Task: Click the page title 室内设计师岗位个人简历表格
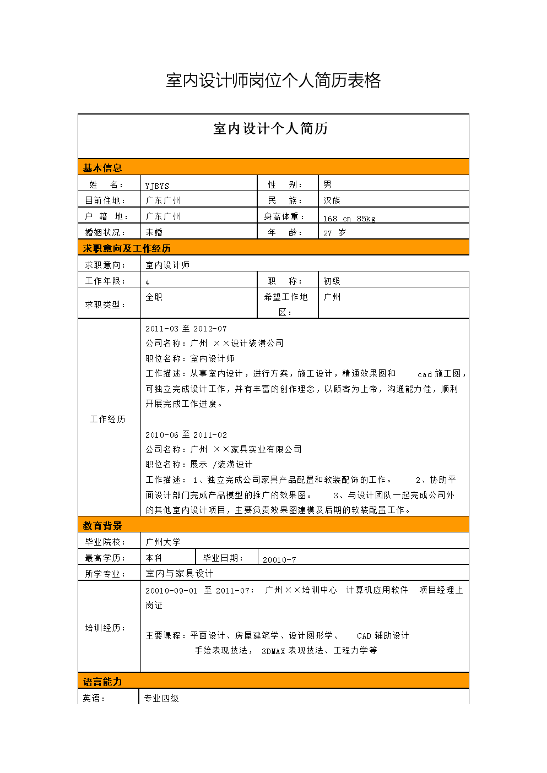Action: (x=273, y=80)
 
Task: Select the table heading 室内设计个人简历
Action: (x=270, y=129)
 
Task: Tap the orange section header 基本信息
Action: (x=102, y=168)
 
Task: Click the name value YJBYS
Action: (x=157, y=186)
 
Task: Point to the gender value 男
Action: (x=328, y=184)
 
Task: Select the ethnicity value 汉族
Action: (x=332, y=200)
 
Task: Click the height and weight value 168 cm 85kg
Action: (x=349, y=219)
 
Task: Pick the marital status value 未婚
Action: (x=154, y=232)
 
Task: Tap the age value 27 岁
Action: (x=334, y=233)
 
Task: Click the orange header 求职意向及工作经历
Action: (x=127, y=248)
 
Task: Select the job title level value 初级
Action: (x=332, y=281)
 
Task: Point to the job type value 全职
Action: (x=154, y=297)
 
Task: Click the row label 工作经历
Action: (x=108, y=419)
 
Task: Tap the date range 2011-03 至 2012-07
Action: (x=186, y=329)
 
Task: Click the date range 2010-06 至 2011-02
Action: (x=186, y=435)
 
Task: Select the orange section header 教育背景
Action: (x=102, y=526)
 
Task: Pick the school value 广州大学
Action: (x=163, y=542)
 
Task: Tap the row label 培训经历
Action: (x=105, y=628)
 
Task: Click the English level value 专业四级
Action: (x=161, y=698)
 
